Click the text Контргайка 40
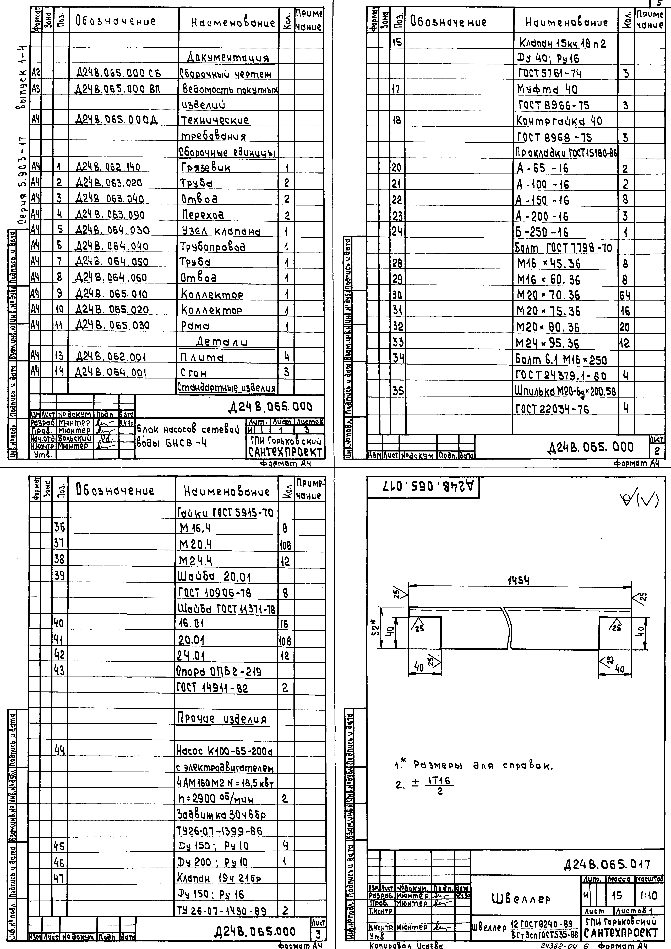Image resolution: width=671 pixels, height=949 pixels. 559,121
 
